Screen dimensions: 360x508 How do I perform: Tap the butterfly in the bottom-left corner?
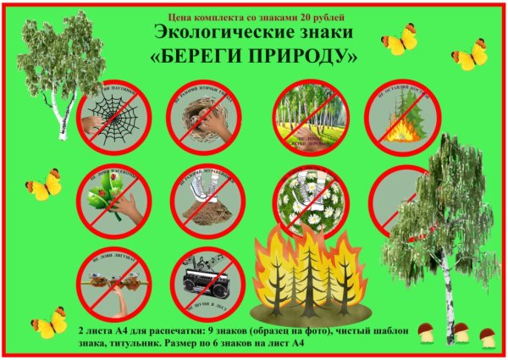click(49, 323)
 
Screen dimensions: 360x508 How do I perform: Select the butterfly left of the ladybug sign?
click(43, 185)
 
